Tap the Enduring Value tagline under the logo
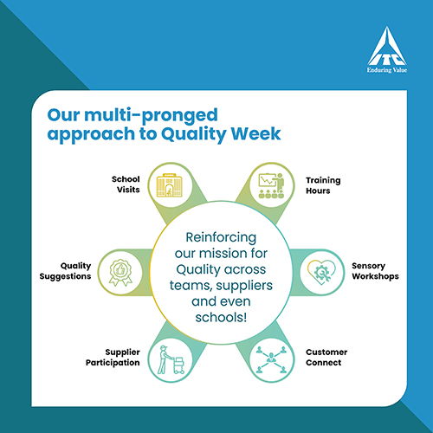coord(387,70)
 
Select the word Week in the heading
coord(255,133)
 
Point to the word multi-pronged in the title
coord(151,116)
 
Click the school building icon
coord(170,185)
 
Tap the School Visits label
coord(126,184)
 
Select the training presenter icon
coord(271,185)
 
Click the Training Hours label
coord(323,185)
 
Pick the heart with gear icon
coord(321,272)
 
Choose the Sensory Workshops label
coord(375,271)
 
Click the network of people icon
coord(271,359)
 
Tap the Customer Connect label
coord(326,358)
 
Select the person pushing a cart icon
coord(171,359)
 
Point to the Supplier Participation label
coord(113,358)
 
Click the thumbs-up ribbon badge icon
coord(120,273)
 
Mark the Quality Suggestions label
coord(65,271)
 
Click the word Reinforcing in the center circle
coord(221,237)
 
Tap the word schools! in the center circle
coord(221,317)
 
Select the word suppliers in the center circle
coord(244,286)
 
